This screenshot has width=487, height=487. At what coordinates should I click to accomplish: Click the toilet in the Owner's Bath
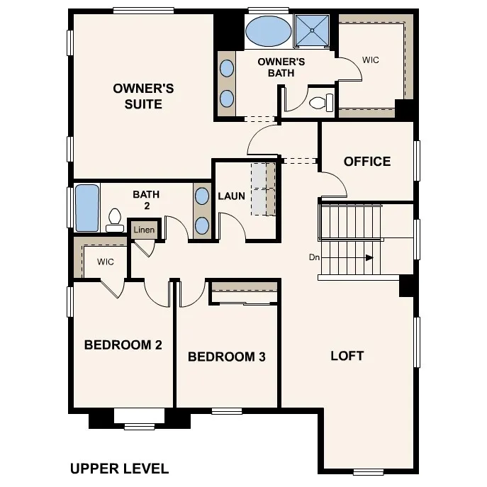[x=321, y=103]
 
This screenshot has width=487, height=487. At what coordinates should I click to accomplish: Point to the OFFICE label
[x=366, y=162]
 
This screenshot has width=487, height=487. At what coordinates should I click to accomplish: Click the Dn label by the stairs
[x=314, y=257]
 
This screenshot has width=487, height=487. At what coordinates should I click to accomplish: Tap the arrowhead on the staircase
[x=369, y=258]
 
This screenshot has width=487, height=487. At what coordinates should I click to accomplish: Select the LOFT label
[x=347, y=356]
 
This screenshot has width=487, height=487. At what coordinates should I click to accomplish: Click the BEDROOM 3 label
[x=226, y=357]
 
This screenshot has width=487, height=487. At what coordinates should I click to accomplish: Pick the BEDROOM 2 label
[x=123, y=345]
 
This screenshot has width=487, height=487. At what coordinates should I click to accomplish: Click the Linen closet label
[x=144, y=230]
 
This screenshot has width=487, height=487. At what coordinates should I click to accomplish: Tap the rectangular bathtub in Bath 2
[x=86, y=208]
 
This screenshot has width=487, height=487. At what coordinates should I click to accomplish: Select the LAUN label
[x=231, y=196]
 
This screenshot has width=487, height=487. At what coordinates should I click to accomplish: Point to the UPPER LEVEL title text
[x=119, y=469]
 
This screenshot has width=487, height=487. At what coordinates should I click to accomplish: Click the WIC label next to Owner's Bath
[x=370, y=60]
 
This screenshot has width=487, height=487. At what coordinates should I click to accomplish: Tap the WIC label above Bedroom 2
[x=106, y=262]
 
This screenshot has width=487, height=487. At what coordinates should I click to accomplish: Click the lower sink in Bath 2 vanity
[x=202, y=225]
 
